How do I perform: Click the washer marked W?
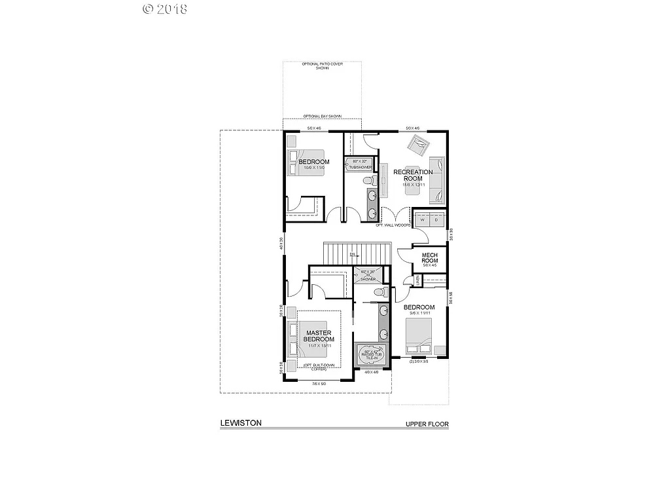(423, 221)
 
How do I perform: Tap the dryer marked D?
(436, 221)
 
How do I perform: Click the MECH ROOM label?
(429, 258)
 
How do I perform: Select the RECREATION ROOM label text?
(413, 176)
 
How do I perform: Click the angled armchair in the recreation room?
(416, 142)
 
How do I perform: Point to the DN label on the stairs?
(352, 254)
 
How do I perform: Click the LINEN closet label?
(417, 280)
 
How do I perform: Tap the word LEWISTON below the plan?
(241, 423)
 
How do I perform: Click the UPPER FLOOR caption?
(427, 424)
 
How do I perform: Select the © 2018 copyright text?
(164, 9)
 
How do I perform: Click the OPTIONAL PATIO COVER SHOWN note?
(322, 65)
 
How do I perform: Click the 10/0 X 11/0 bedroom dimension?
(314, 168)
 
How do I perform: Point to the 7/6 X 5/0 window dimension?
(319, 383)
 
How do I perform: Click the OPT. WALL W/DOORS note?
(393, 225)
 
